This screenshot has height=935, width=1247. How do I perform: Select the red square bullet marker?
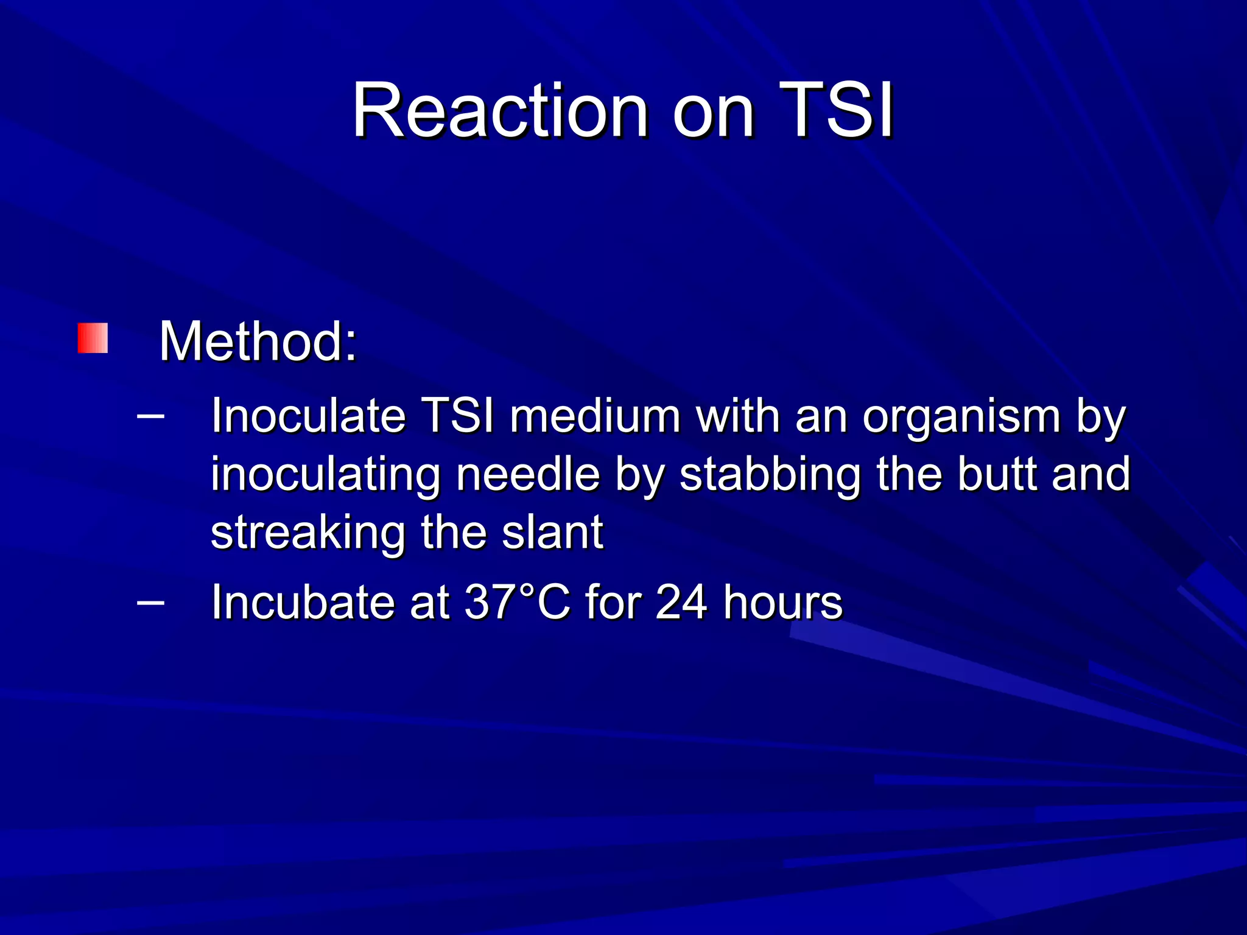click(93, 338)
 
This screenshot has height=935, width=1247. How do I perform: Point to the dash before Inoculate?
click(150, 417)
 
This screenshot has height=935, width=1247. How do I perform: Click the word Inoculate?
click(308, 416)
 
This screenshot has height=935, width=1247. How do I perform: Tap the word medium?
click(595, 416)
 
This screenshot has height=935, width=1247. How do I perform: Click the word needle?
click(528, 474)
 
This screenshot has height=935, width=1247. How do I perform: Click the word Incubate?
click(303, 603)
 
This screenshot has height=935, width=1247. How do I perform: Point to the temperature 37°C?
click(517, 603)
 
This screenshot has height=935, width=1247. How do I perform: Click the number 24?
click(681, 603)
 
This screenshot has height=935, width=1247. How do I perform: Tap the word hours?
click(783, 603)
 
